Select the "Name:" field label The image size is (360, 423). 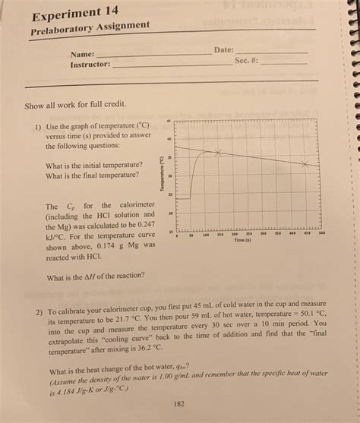coord(83,55)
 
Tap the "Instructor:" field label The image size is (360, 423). coord(90,65)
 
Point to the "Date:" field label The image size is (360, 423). coord(223,49)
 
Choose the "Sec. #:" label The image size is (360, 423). coord(247,60)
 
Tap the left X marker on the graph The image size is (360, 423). coord(218,153)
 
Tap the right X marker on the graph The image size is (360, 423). coord(305,164)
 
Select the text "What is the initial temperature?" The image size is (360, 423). coord(93,165)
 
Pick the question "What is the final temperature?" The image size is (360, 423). coord(92,175)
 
